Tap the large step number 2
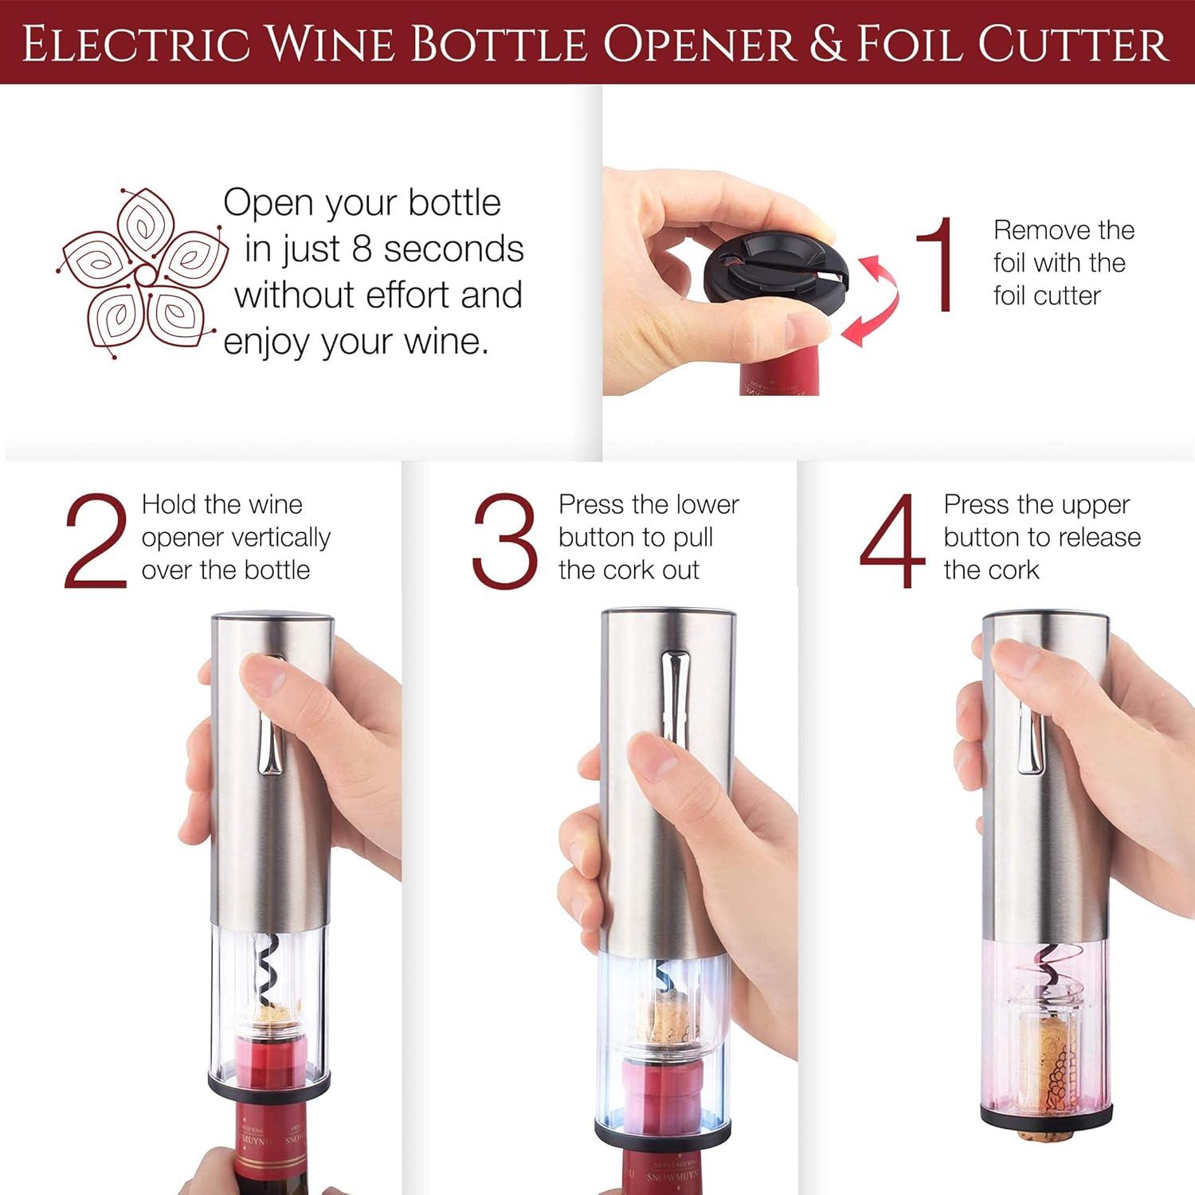tap(96, 542)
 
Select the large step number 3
tap(504, 542)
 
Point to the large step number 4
tap(892, 542)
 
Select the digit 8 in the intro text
tap(362, 249)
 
